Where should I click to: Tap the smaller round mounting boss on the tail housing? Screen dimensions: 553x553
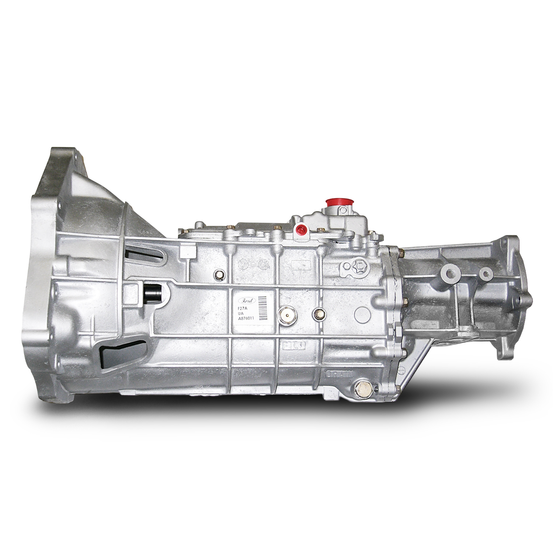point(486,273)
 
